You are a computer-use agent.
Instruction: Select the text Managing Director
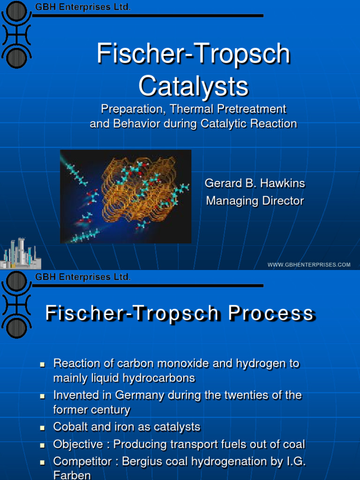255,201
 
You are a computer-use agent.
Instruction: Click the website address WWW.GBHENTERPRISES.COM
309,265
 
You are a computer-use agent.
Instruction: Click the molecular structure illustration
126,196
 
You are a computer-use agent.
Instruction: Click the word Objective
78,444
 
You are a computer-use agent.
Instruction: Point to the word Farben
72,475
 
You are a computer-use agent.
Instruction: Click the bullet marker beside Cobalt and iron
42,428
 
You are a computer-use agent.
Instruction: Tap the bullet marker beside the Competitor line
42,462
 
